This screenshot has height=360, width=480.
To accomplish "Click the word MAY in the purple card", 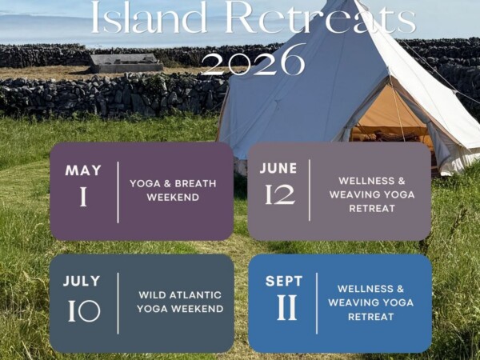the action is click(83, 170).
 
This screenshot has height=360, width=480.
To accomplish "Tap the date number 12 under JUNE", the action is click(280, 194).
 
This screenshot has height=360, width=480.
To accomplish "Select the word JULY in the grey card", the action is click(82, 281).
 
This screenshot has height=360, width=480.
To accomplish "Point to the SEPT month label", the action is click(284, 281).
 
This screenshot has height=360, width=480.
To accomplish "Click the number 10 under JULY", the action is click(84, 310).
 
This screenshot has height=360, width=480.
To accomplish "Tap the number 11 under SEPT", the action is click(287, 307).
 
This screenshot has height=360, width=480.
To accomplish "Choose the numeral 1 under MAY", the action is click(83, 197).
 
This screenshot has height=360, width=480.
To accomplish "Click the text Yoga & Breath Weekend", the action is click(173, 190).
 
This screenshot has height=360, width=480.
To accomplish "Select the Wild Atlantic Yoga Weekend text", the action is click(180, 302).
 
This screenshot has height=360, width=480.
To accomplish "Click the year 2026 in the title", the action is click(253, 60).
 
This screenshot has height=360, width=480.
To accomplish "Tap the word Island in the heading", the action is click(149, 17).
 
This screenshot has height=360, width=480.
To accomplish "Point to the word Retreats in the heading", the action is click(321, 17).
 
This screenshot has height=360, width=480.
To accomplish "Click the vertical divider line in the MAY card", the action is click(118, 192).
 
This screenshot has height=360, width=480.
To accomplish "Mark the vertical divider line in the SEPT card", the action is click(317, 303).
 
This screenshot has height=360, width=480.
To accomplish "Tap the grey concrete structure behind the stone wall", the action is click(126, 63).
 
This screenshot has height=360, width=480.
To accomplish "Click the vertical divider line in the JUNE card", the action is click(310, 190).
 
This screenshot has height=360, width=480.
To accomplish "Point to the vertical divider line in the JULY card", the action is click(118, 303).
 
